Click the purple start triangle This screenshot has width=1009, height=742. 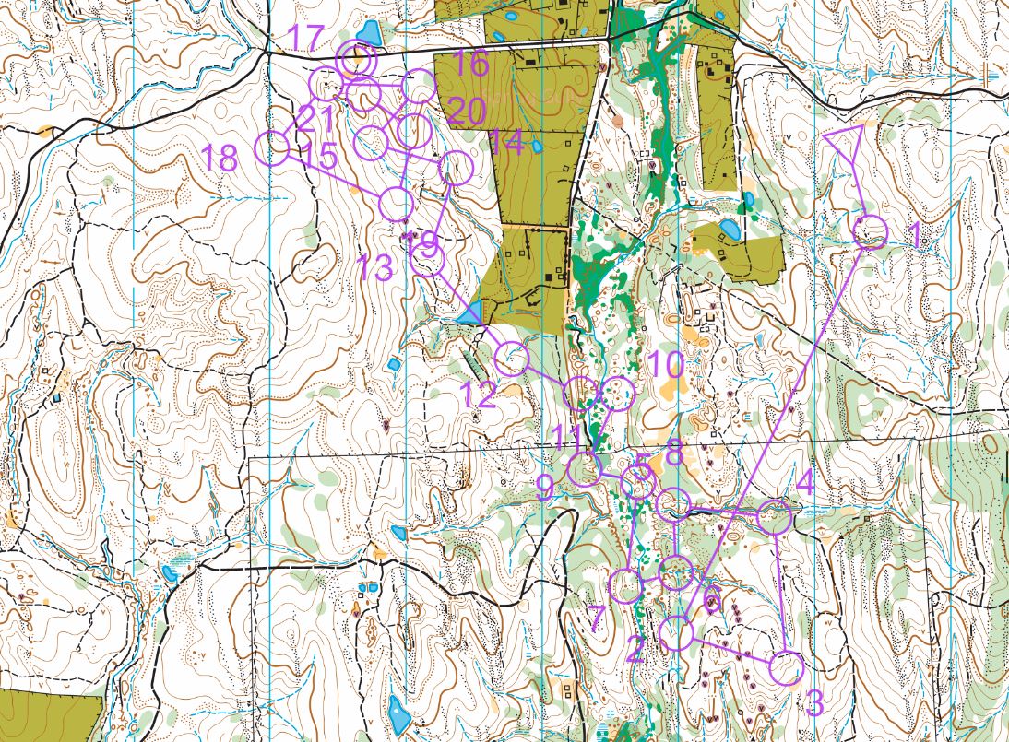pyautogui.click(x=845, y=142)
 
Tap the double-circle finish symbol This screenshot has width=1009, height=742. pyautogui.click(x=355, y=61)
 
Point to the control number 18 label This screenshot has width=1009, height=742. pyautogui.click(x=220, y=158)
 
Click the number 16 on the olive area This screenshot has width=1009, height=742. pyautogui.click(x=470, y=64)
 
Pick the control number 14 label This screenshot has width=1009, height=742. pyautogui.click(x=506, y=142)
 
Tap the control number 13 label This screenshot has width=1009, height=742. pyautogui.click(x=375, y=269)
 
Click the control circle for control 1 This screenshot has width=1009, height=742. pyautogui.click(x=870, y=231)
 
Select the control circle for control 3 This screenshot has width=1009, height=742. pyautogui.click(x=787, y=668)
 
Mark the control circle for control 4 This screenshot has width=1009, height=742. pyautogui.click(x=776, y=518)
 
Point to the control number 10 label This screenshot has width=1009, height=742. pyautogui.click(x=665, y=364)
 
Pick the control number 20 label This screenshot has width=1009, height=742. pyautogui.click(x=468, y=111)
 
